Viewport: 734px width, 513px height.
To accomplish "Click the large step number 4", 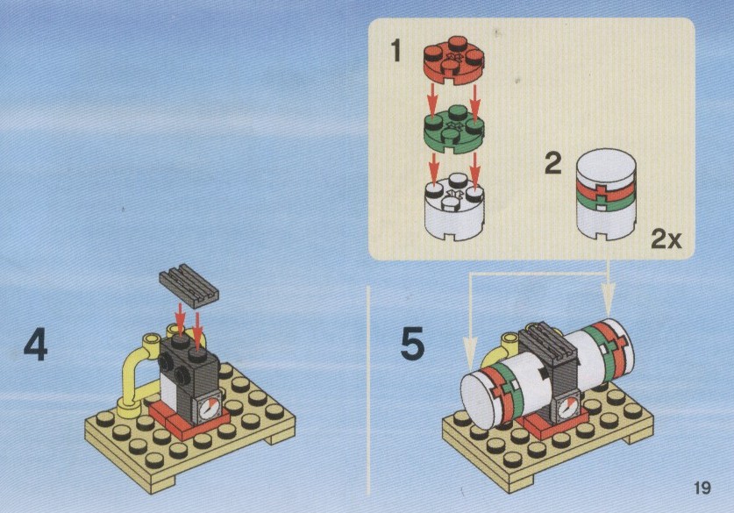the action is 36,344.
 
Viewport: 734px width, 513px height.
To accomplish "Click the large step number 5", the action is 412,344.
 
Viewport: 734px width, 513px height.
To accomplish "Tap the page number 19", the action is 702,488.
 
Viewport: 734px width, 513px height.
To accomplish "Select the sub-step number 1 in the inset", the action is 396,51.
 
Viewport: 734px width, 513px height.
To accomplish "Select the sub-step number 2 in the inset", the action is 552,164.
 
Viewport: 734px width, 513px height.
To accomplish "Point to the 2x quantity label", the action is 666,239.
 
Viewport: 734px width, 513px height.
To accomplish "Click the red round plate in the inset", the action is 453,61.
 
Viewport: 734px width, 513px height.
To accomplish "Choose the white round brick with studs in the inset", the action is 453,206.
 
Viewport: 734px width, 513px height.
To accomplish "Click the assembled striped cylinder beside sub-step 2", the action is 606,195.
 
